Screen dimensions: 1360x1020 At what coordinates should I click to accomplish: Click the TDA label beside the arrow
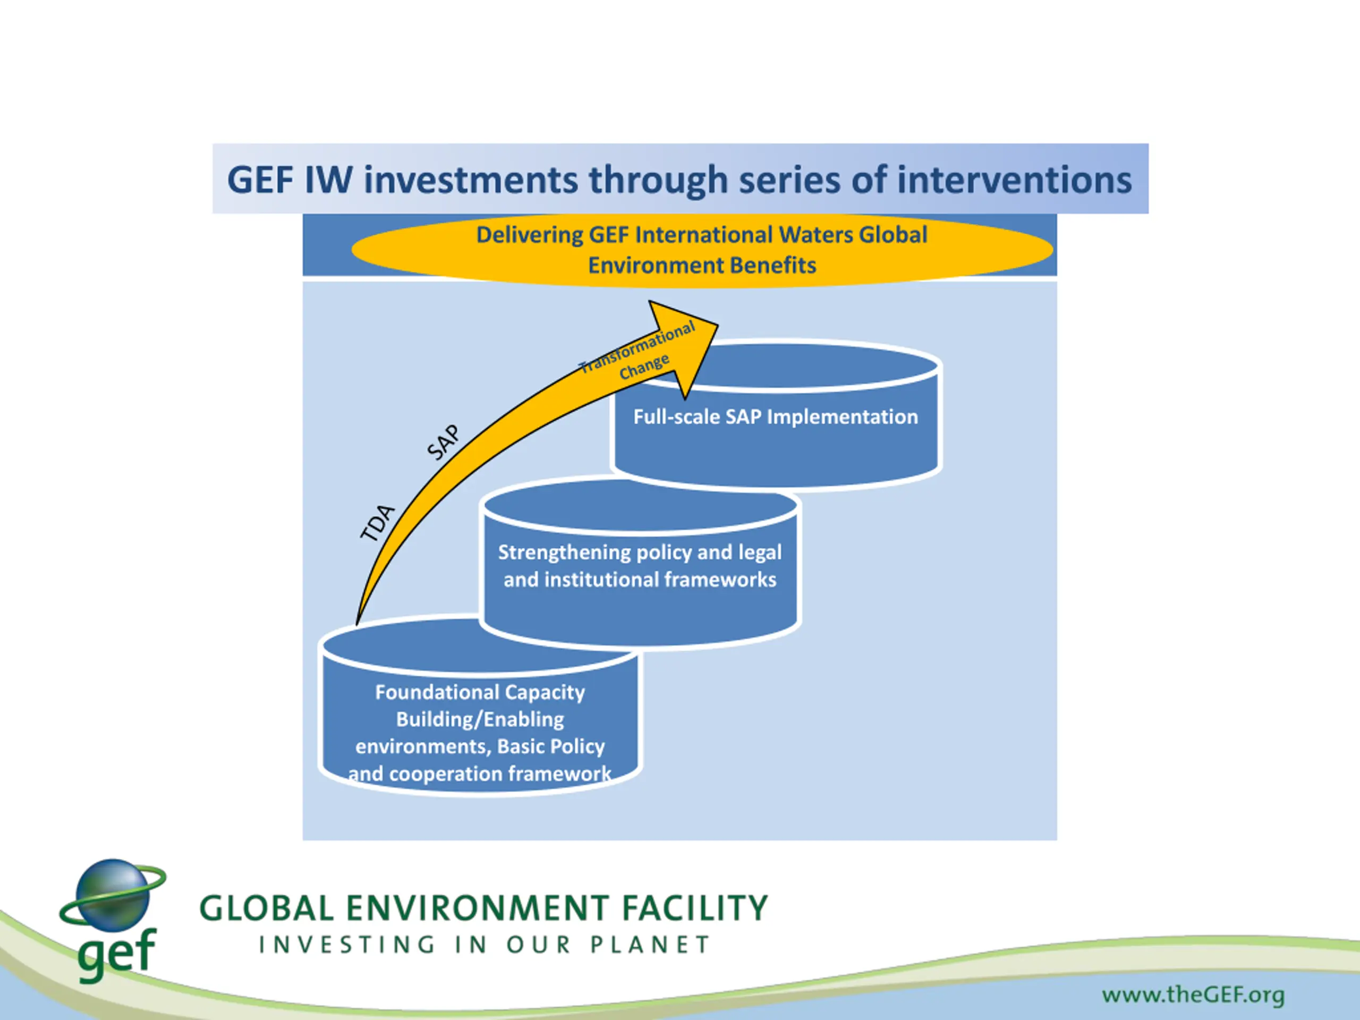376,523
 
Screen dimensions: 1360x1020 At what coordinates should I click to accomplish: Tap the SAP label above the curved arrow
443,442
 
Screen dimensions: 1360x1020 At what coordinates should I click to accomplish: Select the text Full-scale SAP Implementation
775,417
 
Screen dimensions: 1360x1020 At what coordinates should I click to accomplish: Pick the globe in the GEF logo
113,895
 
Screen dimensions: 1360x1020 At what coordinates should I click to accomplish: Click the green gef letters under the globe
117,953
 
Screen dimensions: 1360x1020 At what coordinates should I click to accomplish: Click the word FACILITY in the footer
695,908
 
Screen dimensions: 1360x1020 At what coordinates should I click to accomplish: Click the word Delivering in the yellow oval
529,235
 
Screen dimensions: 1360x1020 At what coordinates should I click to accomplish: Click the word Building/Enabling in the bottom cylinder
480,719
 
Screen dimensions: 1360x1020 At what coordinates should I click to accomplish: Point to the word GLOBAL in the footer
266,908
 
